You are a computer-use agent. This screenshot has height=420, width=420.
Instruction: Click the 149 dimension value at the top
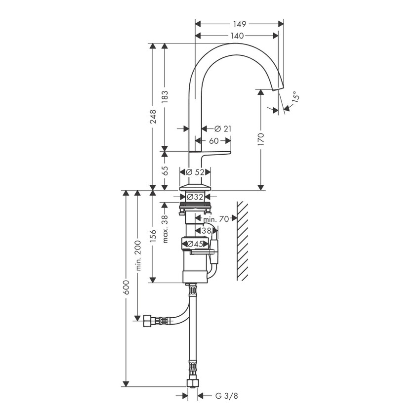point(240,23)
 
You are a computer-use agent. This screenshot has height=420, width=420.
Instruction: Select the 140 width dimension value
point(237,35)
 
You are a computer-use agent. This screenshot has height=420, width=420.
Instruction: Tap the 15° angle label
point(294,97)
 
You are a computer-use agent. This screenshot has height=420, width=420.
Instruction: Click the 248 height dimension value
point(153,117)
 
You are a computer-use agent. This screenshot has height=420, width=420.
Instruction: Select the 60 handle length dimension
point(213,141)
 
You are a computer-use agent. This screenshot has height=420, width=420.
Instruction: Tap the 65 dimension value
point(165,170)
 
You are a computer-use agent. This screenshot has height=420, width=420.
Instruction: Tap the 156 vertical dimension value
point(153,236)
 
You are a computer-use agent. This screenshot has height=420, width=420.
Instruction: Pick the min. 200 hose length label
point(139,255)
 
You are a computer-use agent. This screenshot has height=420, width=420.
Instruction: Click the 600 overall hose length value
point(126,288)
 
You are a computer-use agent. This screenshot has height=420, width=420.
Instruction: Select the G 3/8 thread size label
point(223,396)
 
